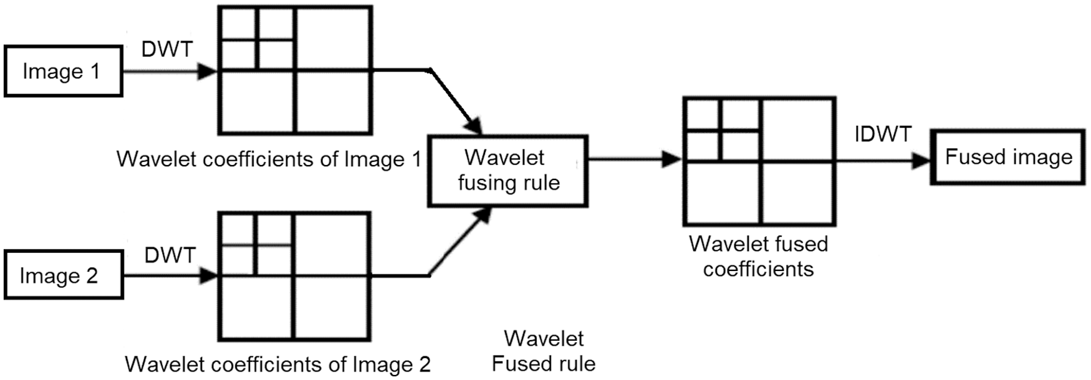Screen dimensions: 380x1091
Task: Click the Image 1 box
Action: [x=62, y=71]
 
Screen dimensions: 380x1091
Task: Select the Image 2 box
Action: [x=62, y=275]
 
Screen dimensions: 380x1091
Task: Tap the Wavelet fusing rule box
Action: [x=507, y=170]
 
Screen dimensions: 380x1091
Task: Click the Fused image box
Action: [x=1008, y=157]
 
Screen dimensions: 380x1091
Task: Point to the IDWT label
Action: [x=883, y=134]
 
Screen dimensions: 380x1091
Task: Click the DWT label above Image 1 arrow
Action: [x=167, y=49]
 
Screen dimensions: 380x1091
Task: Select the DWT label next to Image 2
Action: [x=170, y=255]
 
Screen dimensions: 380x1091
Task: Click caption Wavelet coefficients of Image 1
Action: [x=269, y=159]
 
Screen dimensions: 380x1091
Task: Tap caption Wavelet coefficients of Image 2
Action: [x=277, y=364]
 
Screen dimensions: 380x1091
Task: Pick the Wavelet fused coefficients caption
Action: [x=758, y=256]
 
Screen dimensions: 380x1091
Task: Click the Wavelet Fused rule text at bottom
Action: [x=544, y=351]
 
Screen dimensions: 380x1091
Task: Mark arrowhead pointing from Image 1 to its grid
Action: [x=207, y=71]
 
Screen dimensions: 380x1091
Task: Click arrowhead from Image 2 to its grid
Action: [x=209, y=275]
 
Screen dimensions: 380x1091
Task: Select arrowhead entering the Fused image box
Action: [x=921, y=161]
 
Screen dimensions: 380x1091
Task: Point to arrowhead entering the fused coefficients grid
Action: [x=672, y=159]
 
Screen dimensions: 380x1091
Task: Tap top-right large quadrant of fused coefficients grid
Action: [x=797, y=130]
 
